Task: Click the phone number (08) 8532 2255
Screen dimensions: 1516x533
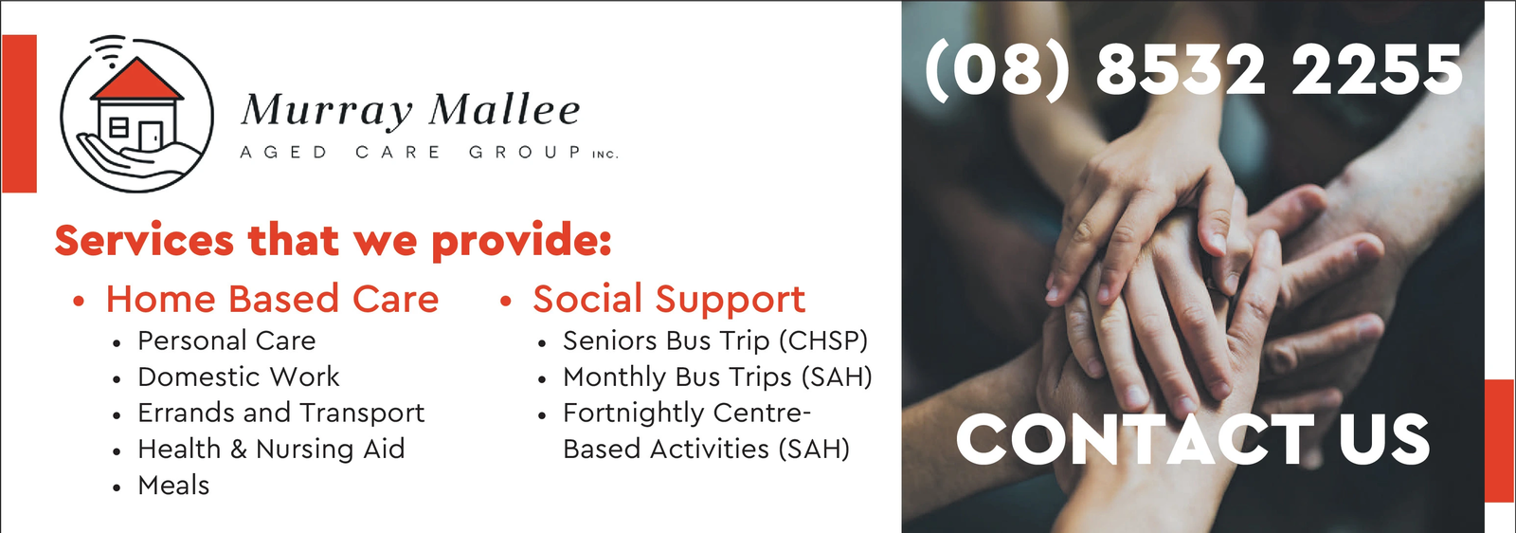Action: [1194, 70]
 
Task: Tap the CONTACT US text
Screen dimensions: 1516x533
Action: [1193, 440]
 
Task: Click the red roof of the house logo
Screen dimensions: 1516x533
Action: [137, 80]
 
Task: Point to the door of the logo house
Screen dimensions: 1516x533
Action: [151, 137]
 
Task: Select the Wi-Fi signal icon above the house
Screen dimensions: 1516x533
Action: [109, 50]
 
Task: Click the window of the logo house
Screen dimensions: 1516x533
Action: [118, 127]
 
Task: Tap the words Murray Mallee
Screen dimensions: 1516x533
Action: [410, 111]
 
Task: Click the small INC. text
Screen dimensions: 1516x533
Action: [605, 155]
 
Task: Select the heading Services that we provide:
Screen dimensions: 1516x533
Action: [333, 241]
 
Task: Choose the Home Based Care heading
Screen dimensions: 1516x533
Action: [272, 299]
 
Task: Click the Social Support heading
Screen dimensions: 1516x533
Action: [669, 300]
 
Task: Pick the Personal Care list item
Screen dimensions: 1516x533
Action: [226, 340]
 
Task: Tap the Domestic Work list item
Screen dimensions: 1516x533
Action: [238, 377]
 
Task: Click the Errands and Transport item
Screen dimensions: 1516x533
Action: [280, 414]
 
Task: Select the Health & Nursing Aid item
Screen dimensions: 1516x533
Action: [271, 449]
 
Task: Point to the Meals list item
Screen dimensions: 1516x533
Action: [173, 486]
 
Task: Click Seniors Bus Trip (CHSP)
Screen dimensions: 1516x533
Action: [714, 340]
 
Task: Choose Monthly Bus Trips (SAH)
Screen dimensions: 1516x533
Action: [717, 377]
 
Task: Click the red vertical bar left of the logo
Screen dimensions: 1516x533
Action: [19, 114]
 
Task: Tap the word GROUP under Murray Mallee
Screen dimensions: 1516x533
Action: [525, 153]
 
